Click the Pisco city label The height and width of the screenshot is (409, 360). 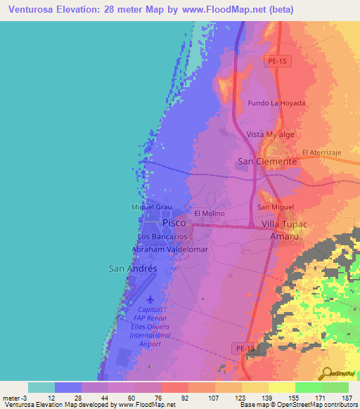tap(174, 223)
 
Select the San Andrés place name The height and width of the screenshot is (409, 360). tap(131, 268)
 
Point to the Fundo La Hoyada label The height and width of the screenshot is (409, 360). tap(277, 103)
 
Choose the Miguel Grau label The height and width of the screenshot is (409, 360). tap(152, 207)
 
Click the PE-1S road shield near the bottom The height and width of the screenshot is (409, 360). tap(243, 348)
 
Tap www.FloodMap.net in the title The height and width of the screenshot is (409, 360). tap(223, 9)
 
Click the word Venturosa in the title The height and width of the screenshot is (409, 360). tap(34, 9)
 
